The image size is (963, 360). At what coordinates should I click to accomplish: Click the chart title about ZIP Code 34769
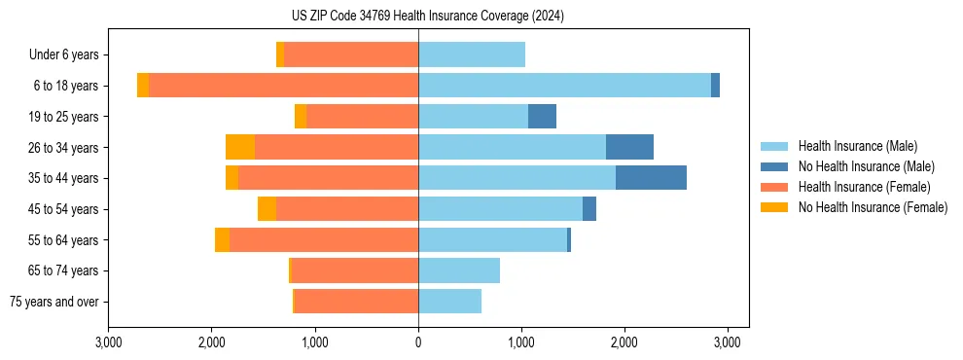pos(427,17)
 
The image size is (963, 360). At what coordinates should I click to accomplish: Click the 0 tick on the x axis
pos(418,342)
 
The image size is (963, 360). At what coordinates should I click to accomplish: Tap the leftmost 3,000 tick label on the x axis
pos(109,342)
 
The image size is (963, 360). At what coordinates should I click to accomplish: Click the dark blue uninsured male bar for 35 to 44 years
pos(651,178)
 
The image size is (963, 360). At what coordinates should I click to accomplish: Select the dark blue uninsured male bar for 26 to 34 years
pos(629,147)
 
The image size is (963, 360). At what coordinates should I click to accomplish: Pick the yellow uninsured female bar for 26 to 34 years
pos(240,147)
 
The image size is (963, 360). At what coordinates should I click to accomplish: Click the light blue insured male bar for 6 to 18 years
pos(564,86)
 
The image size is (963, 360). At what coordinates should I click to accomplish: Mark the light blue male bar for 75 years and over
pos(449,302)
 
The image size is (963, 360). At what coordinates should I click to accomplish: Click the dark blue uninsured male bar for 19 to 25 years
pos(542,117)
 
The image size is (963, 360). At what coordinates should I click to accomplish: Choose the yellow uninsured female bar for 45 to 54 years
pos(267,209)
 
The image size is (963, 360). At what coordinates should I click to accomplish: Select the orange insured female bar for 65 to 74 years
pos(355,270)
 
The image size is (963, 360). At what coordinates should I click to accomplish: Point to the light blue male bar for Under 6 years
pos(472,55)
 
